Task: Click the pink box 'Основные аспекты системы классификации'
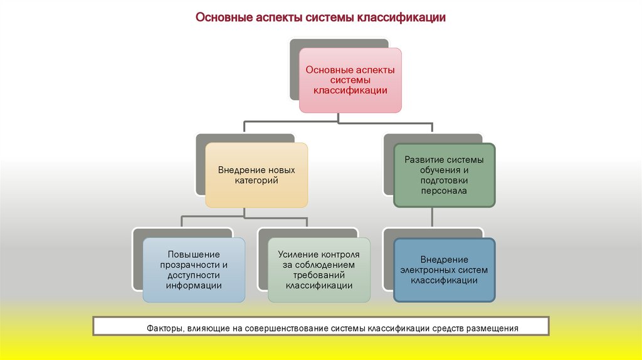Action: (350, 80)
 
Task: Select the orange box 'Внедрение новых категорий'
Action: (256, 175)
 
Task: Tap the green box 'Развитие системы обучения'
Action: (444, 175)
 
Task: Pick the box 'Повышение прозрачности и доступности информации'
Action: (194, 270)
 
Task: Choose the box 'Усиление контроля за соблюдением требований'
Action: (319, 270)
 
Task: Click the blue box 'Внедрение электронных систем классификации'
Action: (444, 270)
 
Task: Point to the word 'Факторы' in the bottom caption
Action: (164, 328)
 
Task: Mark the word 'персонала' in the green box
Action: (444, 190)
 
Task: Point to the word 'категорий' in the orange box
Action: (256, 181)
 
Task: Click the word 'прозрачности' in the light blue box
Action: (194, 265)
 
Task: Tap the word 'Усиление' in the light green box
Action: (297, 255)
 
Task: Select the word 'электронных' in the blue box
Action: (430, 270)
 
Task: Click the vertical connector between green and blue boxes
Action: (432, 218)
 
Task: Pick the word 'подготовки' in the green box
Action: (444, 180)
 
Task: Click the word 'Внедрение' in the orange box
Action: (238, 170)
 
